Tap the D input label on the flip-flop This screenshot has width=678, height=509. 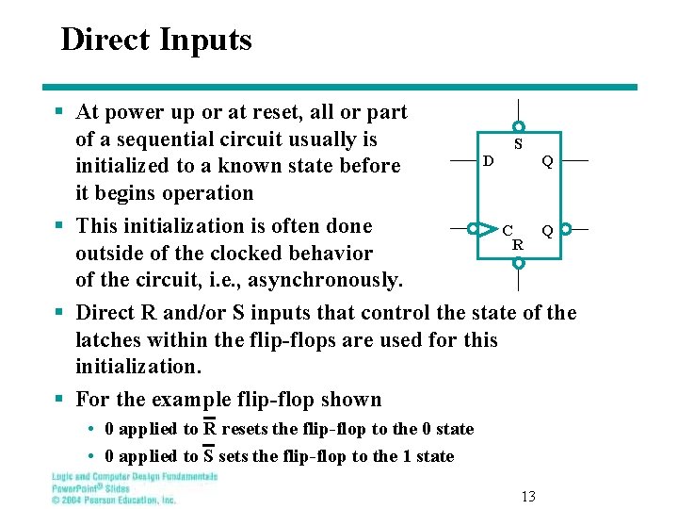(488, 161)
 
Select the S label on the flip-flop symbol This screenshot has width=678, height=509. (518, 145)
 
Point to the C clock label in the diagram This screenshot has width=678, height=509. (508, 230)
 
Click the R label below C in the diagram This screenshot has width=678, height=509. (518, 244)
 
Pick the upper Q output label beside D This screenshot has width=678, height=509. (546, 161)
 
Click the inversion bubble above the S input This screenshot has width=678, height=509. (519, 126)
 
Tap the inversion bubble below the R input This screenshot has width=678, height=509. (519, 264)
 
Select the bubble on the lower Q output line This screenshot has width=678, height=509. (566, 228)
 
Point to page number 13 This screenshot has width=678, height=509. (528, 496)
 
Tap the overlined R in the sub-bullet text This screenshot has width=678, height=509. (210, 429)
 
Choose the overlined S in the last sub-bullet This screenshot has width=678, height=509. (209, 456)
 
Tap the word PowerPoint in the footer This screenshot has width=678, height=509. (76, 488)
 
